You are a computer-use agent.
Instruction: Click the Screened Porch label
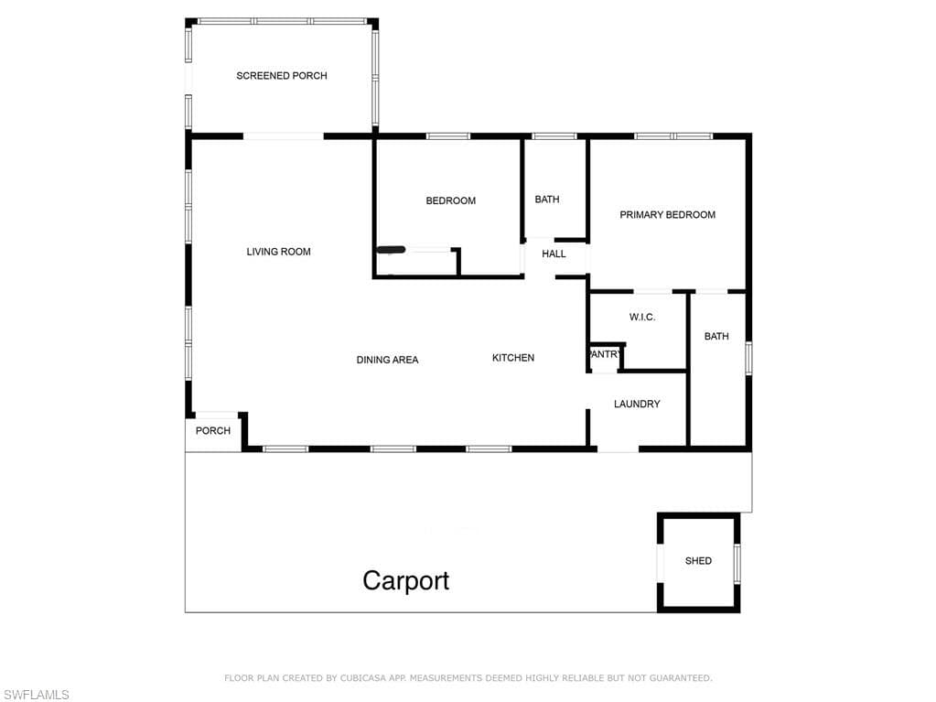pos(282,76)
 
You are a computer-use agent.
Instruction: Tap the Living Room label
pos(279,252)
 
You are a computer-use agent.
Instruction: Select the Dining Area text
pos(387,360)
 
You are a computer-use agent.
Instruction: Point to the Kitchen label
pos(513,358)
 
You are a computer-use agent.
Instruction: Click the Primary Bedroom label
pos(667,215)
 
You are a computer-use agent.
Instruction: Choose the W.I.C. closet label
pos(642,317)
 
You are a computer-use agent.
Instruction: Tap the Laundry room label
pos(637,405)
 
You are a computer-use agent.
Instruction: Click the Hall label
pos(554,254)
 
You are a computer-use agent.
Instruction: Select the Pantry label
pos(606,354)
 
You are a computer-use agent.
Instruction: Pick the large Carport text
pos(406,581)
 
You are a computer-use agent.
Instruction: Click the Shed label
pos(698,561)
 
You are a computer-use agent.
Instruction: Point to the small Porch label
pos(213,431)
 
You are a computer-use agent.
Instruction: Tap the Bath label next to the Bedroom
pos(547,200)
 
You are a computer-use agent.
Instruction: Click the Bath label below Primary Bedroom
pos(716,337)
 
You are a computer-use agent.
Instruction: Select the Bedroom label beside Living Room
pos(451,200)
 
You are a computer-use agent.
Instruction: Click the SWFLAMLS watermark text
pos(36,695)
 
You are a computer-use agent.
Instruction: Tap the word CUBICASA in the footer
pos(362,678)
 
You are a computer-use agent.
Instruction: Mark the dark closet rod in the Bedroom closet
pos(391,250)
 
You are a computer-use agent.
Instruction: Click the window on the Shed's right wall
pos(737,563)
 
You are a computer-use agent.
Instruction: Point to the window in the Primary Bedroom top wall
pos(674,136)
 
